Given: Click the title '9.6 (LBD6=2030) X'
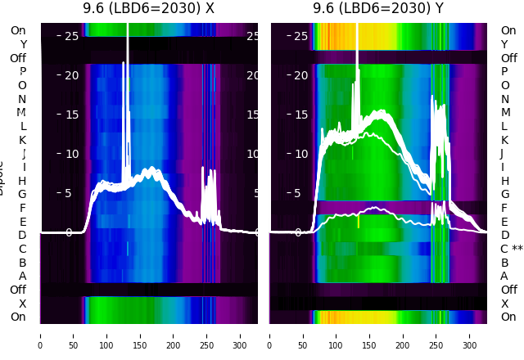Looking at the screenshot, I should coord(148,8).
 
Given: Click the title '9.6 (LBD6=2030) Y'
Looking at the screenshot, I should coord(378,8).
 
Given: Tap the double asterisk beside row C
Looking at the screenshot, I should coord(517,249).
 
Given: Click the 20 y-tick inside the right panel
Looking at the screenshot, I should coord(300,76).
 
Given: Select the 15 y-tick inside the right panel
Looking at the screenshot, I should coord(300,115).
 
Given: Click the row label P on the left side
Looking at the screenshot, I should coord(23,71).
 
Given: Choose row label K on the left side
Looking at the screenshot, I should coord(23,140).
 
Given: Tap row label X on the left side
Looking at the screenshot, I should coord(23,304).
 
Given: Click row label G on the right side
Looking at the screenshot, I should coord(504,194).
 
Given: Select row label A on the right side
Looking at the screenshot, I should coord(504,276).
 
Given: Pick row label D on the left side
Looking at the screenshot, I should coord(23,235).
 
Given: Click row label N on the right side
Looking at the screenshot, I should coord(504,99).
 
